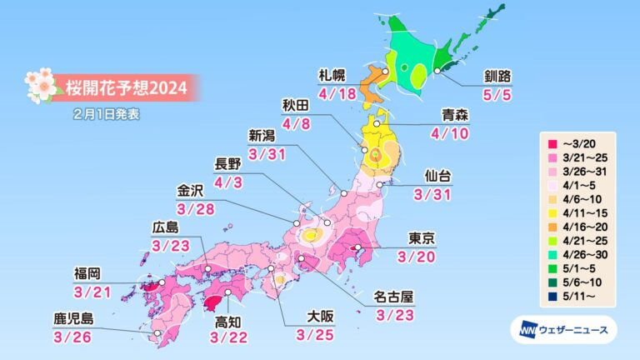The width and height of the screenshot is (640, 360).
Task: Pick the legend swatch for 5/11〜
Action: (551, 294)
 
